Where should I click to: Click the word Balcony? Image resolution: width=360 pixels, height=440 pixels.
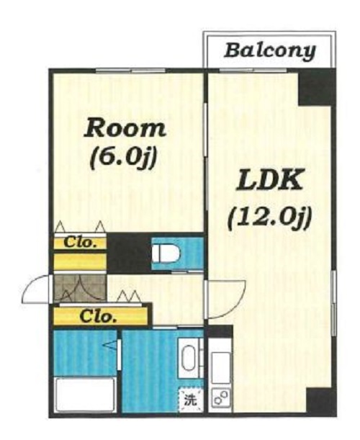tap(270, 51)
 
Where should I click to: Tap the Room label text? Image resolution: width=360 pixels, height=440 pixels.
tap(125, 128)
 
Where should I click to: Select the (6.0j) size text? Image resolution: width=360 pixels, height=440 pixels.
tap(122, 158)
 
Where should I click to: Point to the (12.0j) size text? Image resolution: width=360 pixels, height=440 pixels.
tap(270, 217)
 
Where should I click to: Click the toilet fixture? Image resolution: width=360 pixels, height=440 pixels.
tap(166, 253)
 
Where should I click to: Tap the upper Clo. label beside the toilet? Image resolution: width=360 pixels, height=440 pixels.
tap(80, 243)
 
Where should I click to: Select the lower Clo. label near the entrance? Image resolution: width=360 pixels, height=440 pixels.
tap(98, 316)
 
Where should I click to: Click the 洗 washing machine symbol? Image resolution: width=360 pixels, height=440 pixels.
tap(191, 400)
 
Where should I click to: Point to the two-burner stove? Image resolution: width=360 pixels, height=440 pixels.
tap(220, 399)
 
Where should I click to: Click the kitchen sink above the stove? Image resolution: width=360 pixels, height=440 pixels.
tap(221, 368)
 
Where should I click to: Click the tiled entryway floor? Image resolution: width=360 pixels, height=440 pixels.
tap(80, 288)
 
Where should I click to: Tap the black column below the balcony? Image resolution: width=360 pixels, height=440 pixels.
tap(315, 88)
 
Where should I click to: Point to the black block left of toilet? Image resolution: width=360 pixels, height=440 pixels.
tap(129, 253)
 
